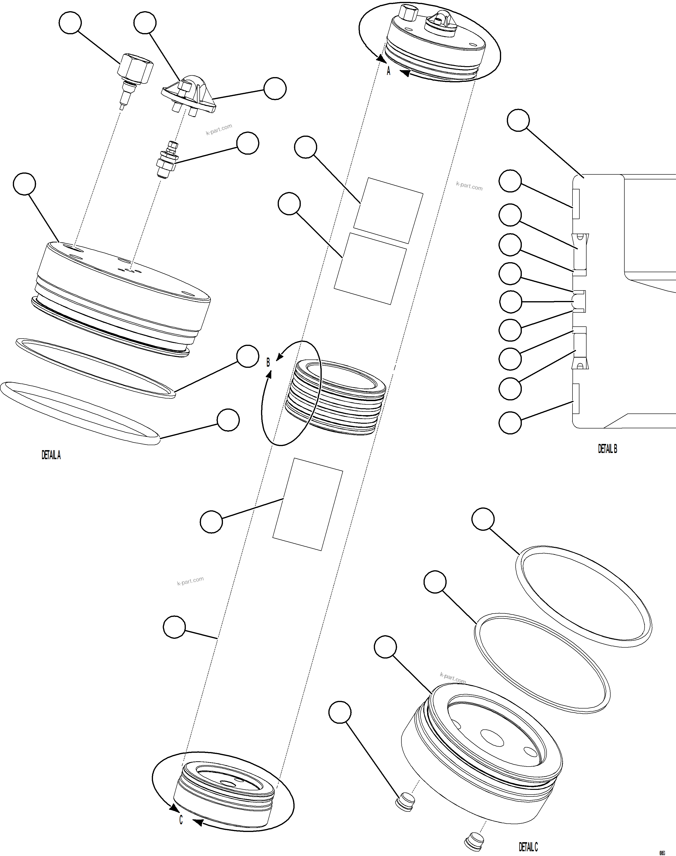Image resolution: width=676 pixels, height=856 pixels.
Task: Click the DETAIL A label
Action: (51, 455)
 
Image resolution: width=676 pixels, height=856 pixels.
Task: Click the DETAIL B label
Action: (607, 449)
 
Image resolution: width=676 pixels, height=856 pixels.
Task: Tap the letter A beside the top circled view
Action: (388, 71)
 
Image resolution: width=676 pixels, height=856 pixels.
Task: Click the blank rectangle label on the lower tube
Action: (307, 504)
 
